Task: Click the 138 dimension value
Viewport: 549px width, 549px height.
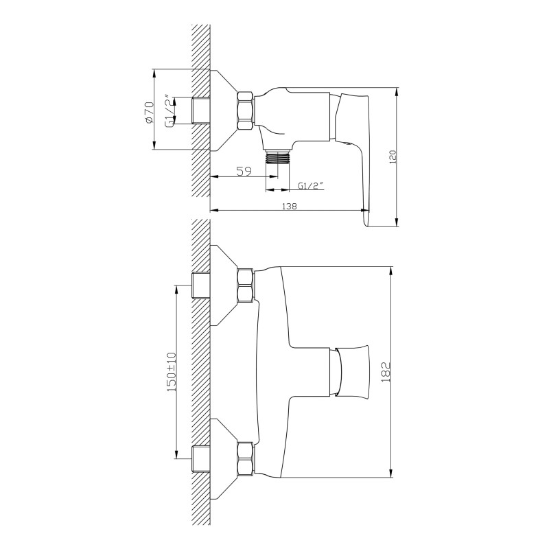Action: click(289, 207)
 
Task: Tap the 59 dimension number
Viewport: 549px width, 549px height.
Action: click(244, 171)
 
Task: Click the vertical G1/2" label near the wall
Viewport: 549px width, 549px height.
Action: click(169, 111)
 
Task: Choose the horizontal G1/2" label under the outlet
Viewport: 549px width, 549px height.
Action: click(310, 186)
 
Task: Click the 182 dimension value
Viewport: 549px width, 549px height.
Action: click(385, 372)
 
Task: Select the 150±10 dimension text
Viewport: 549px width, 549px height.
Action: click(172, 372)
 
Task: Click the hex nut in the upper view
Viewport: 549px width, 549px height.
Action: click(246, 111)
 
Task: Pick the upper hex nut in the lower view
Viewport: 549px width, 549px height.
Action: click(246, 285)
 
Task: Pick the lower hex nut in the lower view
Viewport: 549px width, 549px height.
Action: click(246, 459)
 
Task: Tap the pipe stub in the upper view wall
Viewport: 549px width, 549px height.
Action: click(201, 110)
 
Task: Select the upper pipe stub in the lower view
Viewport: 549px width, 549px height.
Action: click(201, 285)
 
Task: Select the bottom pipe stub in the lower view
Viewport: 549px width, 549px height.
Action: click(201, 459)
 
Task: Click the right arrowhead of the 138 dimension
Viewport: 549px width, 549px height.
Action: click(365, 211)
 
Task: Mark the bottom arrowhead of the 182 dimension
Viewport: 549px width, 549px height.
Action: click(391, 474)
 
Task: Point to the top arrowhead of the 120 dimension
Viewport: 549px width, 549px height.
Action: click(397, 92)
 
